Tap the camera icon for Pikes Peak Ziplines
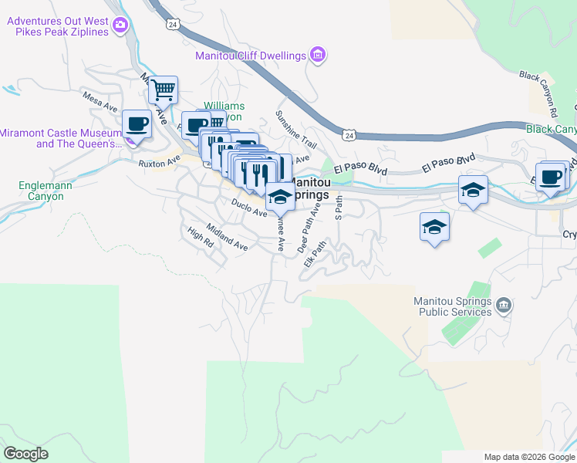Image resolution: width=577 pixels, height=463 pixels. pyautogui.click(x=120, y=27)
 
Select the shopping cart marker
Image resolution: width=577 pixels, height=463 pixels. pyautogui.click(x=164, y=90)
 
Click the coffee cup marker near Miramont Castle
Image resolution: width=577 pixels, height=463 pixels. pyautogui.click(x=137, y=123)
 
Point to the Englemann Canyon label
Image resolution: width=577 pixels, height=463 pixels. pyautogui.click(x=42, y=191)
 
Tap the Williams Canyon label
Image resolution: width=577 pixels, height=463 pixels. pyautogui.click(x=224, y=110)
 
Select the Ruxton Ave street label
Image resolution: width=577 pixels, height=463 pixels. pyautogui.click(x=158, y=162)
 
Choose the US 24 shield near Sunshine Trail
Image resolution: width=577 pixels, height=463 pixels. pyautogui.click(x=349, y=136)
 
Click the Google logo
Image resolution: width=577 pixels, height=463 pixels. pyautogui.click(x=26, y=454)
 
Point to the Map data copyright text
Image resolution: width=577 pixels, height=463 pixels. pyautogui.click(x=528, y=457)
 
